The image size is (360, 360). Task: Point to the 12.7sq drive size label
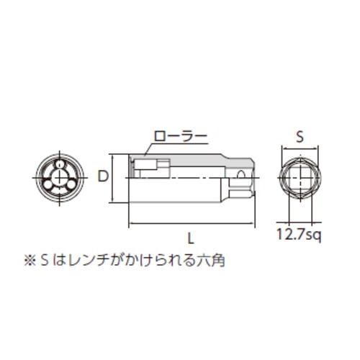[x=300, y=233]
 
